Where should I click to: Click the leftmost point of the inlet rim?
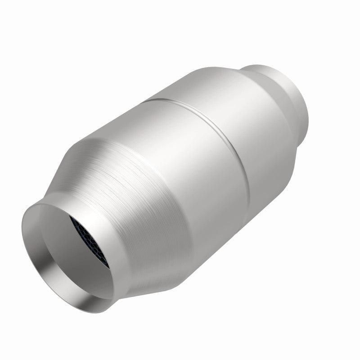[21, 234]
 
